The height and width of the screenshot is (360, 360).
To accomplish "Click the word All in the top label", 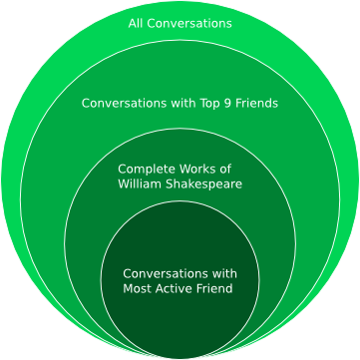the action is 136,24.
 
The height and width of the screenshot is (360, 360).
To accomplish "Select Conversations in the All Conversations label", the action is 189,24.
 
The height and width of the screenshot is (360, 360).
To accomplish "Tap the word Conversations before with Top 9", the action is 125,103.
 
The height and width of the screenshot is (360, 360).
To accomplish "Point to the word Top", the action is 210,104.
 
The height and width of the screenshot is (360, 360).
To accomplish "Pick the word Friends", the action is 256,103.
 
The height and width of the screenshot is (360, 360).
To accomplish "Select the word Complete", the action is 147,170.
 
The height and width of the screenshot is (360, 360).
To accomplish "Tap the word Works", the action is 197,169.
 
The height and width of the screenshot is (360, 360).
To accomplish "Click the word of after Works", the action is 225,169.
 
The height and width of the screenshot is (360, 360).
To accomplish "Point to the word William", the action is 140,183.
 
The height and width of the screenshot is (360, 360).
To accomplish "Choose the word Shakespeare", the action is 203,184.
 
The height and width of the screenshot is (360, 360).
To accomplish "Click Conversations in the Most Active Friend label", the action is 166,274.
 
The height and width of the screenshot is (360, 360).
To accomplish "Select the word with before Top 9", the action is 183,103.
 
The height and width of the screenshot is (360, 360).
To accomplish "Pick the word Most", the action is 137,288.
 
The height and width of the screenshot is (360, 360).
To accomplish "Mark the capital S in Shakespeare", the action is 170,183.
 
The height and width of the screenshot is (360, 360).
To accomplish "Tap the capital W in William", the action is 124,183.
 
